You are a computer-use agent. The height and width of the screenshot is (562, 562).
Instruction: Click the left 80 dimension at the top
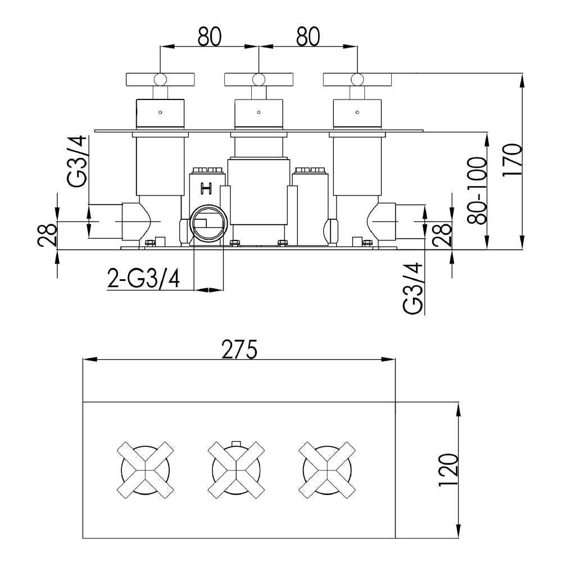pos(209,37)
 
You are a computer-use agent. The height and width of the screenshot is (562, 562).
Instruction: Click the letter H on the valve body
pos(206,189)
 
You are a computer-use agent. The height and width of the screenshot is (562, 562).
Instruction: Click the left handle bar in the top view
pos(161,79)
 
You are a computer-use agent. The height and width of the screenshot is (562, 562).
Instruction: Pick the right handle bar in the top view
pos(357,79)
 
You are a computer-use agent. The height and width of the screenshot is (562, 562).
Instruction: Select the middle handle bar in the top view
pos(259,79)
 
